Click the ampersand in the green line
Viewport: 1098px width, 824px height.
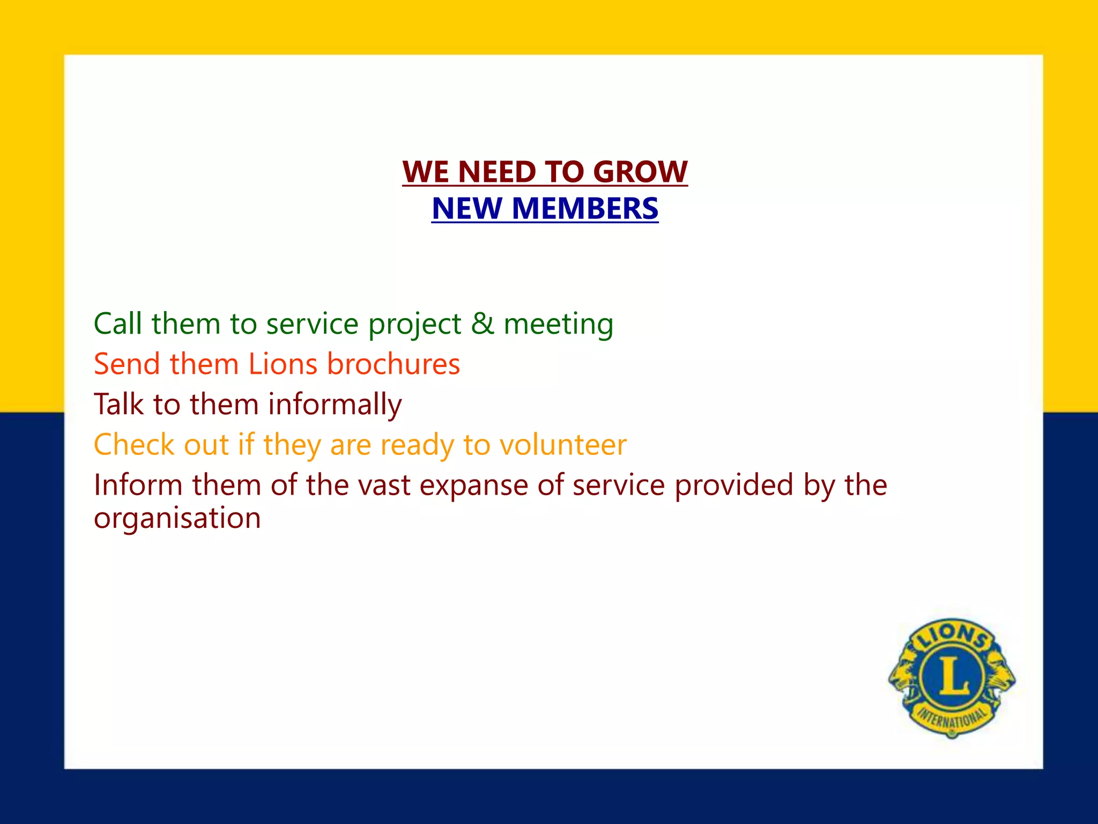pyautogui.click(x=483, y=323)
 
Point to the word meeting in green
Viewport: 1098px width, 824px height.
pyautogui.click(x=558, y=325)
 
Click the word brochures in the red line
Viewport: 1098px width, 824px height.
pyautogui.click(x=393, y=364)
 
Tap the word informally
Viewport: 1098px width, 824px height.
pyautogui.click(x=335, y=404)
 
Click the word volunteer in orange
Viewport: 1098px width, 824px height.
pyautogui.click(x=562, y=445)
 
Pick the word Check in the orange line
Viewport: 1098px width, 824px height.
pyautogui.click(x=134, y=445)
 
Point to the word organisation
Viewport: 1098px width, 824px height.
pyautogui.click(x=177, y=519)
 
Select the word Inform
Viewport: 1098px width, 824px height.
pyautogui.click(x=138, y=485)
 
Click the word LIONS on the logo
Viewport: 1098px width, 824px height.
pyautogui.click(x=952, y=637)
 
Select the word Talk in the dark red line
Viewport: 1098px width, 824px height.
pyautogui.click(x=119, y=404)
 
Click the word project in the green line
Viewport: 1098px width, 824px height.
pyautogui.click(x=414, y=325)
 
